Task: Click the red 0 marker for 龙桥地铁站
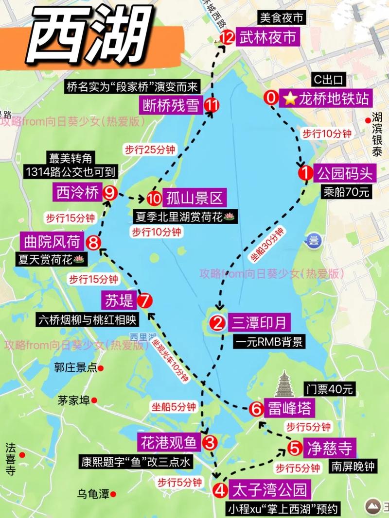pyautogui.click(x=271, y=98)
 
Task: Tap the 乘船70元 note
pyautogui.click(x=346, y=191)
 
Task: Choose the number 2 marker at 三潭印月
pyautogui.click(x=217, y=322)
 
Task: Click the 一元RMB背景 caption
pyautogui.click(x=268, y=341)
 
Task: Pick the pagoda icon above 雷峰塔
pyautogui.click(x=285, y=384)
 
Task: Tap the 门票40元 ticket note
pyautogui.click(x=330, y=389)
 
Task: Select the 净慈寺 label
pyautogui.click(x=329, y=447)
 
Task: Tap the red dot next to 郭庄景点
pyautogui.click(x=101, y=368)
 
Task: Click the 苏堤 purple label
pyautogui.click(x=119, y=301)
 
